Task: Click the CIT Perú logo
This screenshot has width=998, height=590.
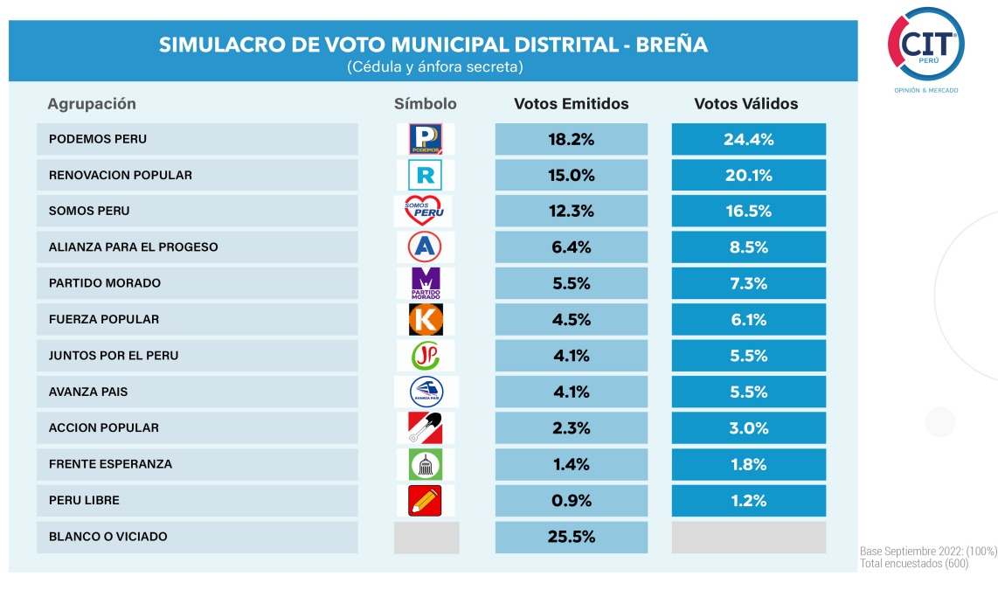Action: pos(926,44)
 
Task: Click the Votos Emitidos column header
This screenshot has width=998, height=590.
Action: pos(572,104)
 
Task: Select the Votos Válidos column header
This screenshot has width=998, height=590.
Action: pos(746,104)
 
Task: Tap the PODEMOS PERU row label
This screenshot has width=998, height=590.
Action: pos(98,139)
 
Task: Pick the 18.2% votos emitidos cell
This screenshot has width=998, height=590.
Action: pos(572,139)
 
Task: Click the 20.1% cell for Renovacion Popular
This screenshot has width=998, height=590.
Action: pos(748,175)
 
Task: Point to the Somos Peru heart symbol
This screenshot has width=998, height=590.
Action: pos(425,211)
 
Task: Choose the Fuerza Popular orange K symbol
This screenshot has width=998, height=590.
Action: pos(426,319)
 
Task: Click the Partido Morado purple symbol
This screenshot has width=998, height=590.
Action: pos(426,283)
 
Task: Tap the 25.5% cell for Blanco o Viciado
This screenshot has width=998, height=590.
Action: pos(572,537)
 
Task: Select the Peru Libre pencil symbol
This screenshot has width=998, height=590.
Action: pos(425,500)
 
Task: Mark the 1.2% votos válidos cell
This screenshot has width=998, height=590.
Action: pos(748,500)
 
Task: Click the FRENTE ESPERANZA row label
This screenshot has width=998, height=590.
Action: pos(110,464)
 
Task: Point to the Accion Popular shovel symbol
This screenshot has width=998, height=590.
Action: pos(425,427)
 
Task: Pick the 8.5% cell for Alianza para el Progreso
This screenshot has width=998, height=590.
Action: pos(748,247)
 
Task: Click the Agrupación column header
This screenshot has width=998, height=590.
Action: pos(92,104)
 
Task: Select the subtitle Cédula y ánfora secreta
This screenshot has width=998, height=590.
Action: pos(434,66)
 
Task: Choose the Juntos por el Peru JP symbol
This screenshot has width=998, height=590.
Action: pos(426,356)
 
